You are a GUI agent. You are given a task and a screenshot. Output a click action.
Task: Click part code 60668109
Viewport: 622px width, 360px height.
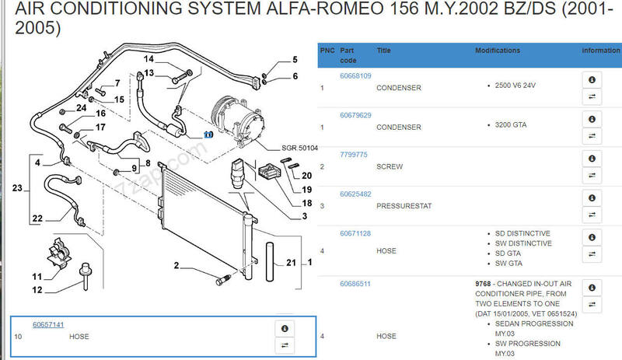point(355,76)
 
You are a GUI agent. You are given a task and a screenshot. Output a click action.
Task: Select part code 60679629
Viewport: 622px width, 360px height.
point(355,115)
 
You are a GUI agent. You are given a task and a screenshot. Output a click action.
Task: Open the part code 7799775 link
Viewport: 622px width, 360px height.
point(354,155)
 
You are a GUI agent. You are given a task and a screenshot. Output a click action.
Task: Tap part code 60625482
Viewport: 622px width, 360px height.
point(355,194)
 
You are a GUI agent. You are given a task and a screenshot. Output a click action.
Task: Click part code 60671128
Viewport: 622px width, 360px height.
point(355,232)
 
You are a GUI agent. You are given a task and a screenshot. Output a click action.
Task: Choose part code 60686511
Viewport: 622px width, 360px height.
point(355,285)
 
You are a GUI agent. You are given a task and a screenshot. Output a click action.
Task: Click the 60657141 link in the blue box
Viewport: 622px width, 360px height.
point(48,324)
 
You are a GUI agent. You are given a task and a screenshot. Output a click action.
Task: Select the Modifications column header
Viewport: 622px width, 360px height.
point(498,51)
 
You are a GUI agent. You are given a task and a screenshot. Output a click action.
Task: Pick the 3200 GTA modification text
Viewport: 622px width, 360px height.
point(510,124)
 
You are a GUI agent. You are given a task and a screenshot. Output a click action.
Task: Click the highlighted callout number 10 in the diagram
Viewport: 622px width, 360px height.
point(208,134)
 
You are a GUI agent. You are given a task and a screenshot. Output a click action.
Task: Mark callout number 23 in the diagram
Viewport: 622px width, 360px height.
point(17,187)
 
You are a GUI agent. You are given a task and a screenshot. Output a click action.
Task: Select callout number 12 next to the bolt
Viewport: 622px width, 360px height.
point(37,290)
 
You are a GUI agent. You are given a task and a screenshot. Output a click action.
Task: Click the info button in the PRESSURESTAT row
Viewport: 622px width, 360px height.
point(592,197)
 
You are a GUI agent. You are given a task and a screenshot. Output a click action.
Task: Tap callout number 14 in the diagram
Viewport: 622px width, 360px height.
point(149,60)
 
